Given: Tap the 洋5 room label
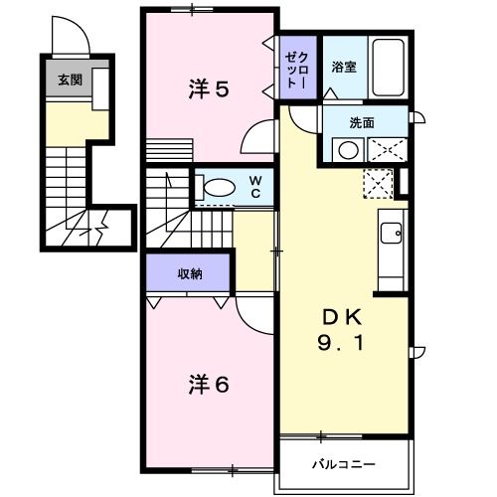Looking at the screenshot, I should point(209,89).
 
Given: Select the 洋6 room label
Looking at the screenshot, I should point(209,384).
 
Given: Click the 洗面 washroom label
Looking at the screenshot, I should point(361,122).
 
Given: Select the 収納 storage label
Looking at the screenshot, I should point(190,273).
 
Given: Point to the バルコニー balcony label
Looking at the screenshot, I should point(342,464).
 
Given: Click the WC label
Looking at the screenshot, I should point(255,186).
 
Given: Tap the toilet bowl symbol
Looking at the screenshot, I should point(215,186).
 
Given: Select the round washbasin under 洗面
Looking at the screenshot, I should point(347,150).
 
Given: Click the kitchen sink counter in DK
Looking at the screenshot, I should point(391,240).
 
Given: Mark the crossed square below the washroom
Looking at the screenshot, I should point(378,185).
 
